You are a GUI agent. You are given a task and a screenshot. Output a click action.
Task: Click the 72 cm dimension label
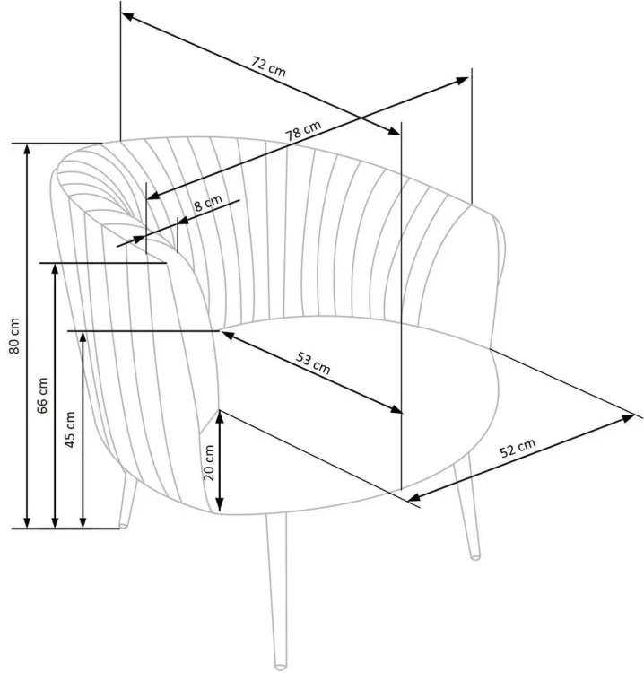[268, 66]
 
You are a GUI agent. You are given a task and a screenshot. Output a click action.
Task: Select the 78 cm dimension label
[303, 130]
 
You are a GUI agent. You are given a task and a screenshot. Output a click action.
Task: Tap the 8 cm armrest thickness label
[208, 203]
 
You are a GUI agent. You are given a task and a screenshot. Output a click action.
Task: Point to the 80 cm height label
[14, 336]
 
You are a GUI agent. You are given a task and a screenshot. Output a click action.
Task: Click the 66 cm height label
[42, 396]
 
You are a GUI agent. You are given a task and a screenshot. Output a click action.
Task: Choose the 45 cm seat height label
[70, 429]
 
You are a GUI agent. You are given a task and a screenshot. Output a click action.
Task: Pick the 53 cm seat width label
[313, 363]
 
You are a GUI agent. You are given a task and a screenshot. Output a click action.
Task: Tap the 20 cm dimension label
[208, 463]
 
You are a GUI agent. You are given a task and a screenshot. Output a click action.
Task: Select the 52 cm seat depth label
[518, 448]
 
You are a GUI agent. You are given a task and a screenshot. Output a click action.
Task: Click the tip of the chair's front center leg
[280, 667]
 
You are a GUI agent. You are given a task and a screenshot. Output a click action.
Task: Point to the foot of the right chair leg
[475, 556]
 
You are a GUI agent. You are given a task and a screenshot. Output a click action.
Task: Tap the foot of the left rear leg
[123, 525]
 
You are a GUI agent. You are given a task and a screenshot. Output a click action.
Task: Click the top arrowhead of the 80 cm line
[27, 148]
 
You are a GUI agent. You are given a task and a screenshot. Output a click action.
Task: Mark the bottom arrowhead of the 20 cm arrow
[219, 506]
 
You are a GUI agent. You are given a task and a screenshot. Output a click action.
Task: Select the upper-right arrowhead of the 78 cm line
[462, 80]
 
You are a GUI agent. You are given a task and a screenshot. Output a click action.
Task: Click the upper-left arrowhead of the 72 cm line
[127, 17]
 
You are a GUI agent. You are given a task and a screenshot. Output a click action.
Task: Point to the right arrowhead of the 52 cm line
[629, 417]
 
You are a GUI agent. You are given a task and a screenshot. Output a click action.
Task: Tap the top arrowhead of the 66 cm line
[55, 269]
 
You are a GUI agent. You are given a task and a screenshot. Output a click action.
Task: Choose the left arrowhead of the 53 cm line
[228, 335]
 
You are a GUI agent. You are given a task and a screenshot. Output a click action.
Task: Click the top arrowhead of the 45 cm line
[83, 337]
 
